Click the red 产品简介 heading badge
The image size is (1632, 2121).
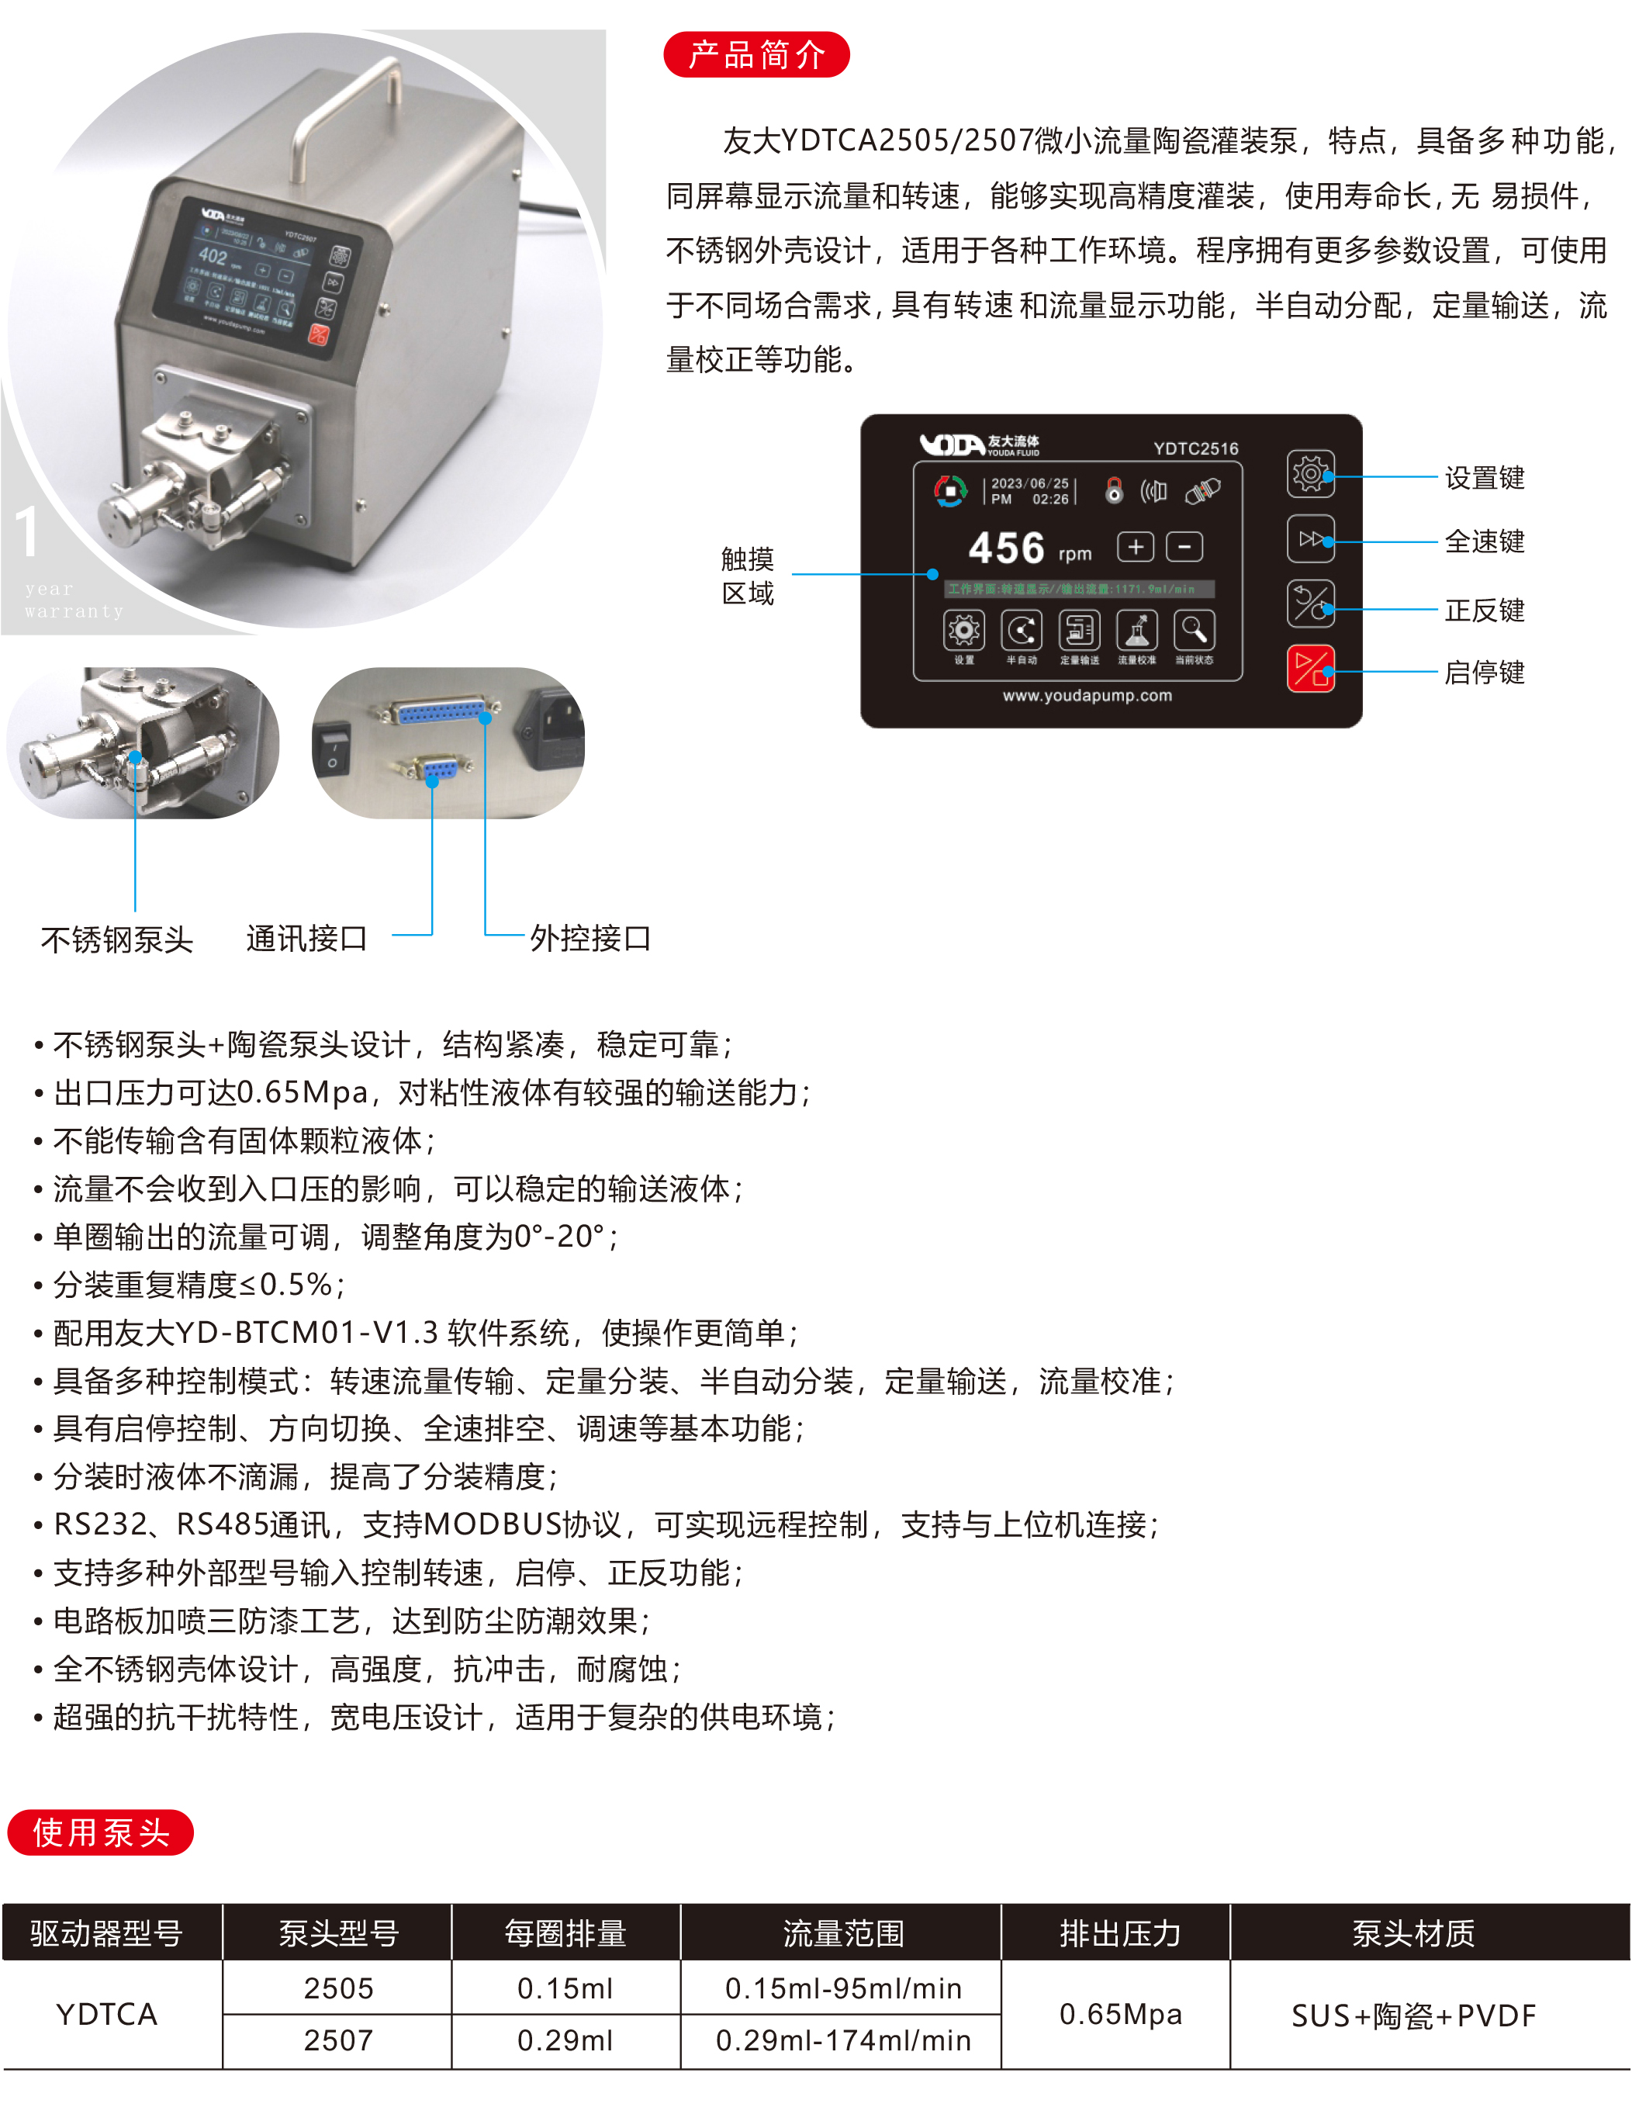(x=755, y=54)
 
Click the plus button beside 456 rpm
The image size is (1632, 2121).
(x=1135, y=547)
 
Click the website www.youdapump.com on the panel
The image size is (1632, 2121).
(x=1087, y=695)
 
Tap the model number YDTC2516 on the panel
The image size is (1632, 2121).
(x=1195, y=448)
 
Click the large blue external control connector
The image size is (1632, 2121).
(x=441, y=713)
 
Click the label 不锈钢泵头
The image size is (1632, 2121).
(x=116, y=939)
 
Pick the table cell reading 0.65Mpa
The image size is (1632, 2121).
(x=1119, y=2014)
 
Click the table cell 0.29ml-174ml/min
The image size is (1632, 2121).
(x=842, y=2040)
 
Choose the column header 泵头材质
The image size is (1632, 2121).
(x=1412, y=1933)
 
